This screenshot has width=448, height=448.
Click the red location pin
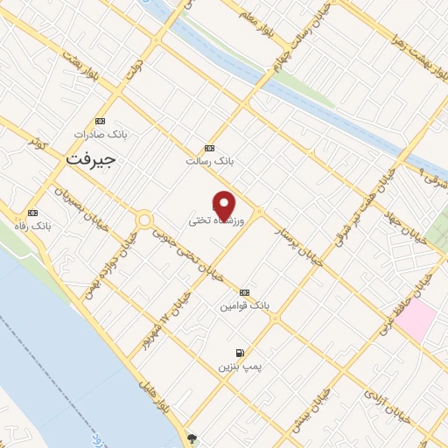click(225, 205)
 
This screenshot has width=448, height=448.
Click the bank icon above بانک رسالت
click(207, 148)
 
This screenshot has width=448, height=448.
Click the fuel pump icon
click(240, 353)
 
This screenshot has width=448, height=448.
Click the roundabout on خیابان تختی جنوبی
click(143, 220)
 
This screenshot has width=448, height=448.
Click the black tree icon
click(192, 437)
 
